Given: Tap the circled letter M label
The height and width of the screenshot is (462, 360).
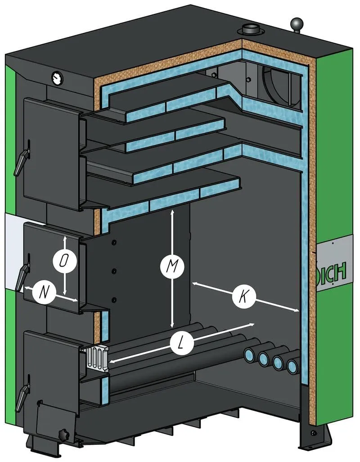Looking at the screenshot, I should coord(172,267).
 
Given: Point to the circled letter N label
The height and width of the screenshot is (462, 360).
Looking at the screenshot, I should coord(44,293).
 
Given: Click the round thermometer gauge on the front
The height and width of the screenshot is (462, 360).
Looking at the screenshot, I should coord(57,77).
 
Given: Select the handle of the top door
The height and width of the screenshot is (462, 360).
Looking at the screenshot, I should coord(22,160).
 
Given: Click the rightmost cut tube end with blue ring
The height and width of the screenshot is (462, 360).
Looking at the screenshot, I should coord(293,366).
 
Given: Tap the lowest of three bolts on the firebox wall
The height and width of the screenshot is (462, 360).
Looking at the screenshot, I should coord(114,300).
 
